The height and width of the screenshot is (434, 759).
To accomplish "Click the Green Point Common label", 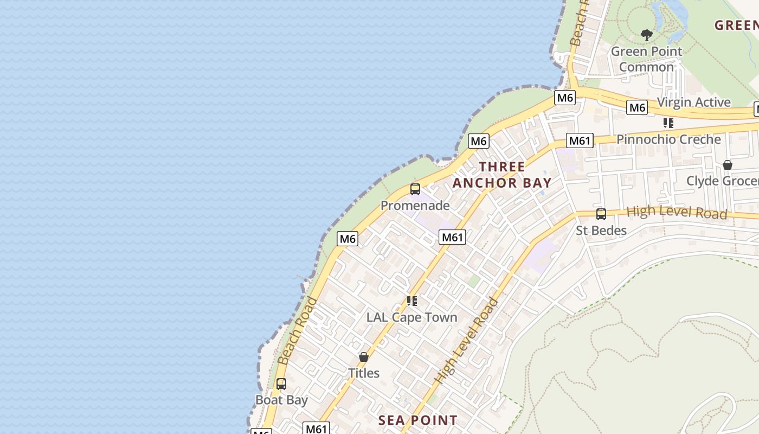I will coord(646,59).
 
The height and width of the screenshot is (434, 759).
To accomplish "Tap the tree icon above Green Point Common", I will coord(646,35).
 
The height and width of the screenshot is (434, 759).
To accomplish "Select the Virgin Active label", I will coord(693,102).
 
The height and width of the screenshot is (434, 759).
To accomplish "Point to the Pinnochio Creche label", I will coord(668,139).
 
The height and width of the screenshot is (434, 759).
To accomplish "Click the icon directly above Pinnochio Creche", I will coord(668,123).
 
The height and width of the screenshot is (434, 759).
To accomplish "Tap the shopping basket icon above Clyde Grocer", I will coord(728,165).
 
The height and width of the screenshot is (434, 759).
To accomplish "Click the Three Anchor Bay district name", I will coord(502,175).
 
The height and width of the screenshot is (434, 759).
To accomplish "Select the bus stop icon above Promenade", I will coord(415,189).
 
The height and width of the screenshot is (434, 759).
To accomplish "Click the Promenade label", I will coord(415,206).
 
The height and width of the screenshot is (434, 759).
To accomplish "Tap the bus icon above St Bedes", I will coord(601,214).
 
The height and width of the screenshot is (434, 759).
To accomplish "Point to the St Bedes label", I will coord(601,231).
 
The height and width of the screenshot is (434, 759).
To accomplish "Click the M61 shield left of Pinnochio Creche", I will coord(579,141).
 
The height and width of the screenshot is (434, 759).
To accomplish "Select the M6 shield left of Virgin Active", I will coord(637,107).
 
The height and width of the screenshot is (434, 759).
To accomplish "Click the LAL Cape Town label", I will coord(411,317).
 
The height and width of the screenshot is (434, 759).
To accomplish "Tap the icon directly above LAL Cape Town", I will coord(411,301).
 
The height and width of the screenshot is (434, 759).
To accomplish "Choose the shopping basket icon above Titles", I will coord(364,358).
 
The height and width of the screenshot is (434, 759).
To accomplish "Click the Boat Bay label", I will coord(281,400).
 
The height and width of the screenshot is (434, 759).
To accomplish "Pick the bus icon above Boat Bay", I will coord(281,384).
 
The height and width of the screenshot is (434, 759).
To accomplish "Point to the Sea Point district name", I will coord(417,420).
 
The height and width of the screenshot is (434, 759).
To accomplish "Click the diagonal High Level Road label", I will coord(467,342).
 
